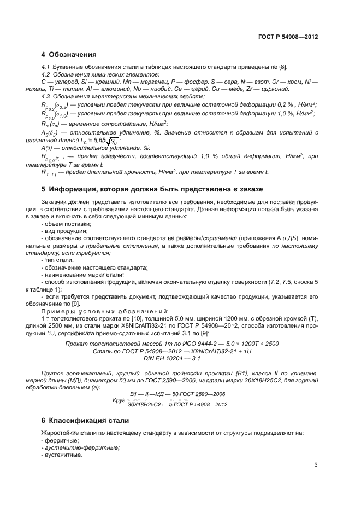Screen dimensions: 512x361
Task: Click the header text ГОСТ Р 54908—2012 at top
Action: tap(288, 37)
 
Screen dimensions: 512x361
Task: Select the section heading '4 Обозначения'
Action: tap(69, 55)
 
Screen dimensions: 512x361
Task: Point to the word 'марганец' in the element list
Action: tap(133, 82)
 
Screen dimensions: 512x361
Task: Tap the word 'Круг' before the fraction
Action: tap(119, 400)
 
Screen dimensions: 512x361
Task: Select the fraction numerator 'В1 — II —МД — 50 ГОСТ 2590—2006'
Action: tap(177, 395)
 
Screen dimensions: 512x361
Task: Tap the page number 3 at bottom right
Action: tap(316, 466)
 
